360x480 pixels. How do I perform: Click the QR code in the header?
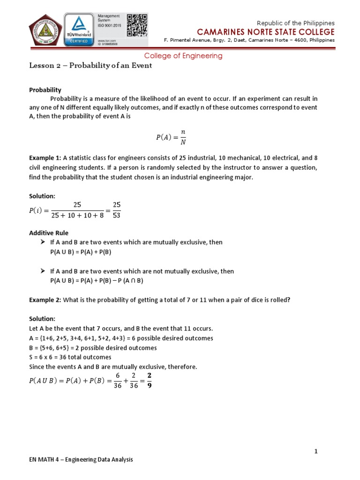pos(137,24)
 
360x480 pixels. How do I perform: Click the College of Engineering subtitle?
pos(183,56)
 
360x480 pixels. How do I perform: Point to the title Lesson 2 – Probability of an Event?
pos(90,66)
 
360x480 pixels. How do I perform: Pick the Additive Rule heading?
pos(49,232)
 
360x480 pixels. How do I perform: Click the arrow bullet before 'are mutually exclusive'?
pos(41,242)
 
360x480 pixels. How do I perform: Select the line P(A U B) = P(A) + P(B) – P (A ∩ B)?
pos(97,281)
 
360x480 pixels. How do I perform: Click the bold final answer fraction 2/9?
pos(149,381)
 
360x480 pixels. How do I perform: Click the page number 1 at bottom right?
pos(316,451)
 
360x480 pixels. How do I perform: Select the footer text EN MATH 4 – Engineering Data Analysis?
pos(81,460)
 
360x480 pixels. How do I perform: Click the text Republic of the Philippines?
pos(296,23)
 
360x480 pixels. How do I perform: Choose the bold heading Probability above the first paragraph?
pos(45,90)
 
